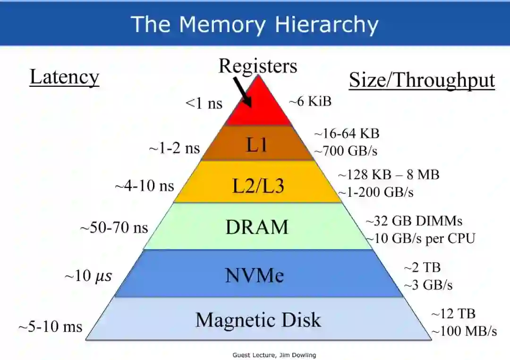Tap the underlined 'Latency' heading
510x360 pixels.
point(64,77)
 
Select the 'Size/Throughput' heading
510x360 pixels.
point(422,80)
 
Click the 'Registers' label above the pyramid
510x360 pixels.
point(258,66)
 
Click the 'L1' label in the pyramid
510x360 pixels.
point(257,145)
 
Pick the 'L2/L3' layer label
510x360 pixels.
point(258,186)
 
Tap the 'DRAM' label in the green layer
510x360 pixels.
point(257,227)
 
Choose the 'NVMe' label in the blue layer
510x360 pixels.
point(255,275)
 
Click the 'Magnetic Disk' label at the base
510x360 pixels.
point(258,320)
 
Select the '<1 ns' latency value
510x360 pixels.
point(204,103)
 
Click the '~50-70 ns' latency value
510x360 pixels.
point(114,228)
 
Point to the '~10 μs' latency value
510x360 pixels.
point(88,276)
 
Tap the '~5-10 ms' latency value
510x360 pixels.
point(51,327)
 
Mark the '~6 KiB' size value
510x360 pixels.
point(310,101)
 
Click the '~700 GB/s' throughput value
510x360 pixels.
point(346,151)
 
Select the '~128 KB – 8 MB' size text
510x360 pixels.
point(389,175)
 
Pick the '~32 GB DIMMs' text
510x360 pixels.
point(414,221)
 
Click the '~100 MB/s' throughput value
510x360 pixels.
point(463,331)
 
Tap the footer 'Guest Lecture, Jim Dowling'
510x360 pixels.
point(274,355)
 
